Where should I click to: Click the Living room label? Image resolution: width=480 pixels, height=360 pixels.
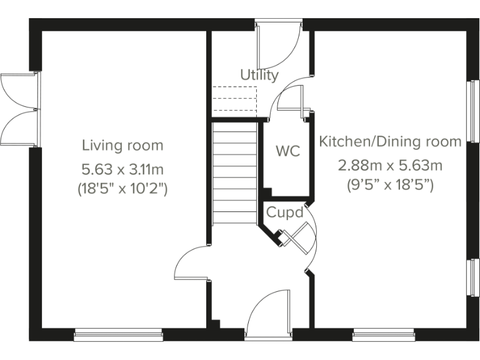tap(122, 146)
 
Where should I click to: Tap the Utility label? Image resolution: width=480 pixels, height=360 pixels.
tap(259, 76)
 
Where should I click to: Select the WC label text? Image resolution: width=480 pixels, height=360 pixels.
tap(287, 151)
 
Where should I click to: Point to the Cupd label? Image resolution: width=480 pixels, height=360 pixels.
tap(285, 212)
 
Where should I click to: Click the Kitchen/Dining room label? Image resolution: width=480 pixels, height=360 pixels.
tap(391, 142)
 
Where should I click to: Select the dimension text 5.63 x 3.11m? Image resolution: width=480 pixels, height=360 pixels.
tap(122, 169)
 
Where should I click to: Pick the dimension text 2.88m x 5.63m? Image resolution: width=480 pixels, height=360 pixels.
tap(391, 166)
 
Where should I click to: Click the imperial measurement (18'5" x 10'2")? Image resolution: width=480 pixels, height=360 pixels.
tap(122, 187)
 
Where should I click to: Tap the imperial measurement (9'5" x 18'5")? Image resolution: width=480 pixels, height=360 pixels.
tap(391, 185)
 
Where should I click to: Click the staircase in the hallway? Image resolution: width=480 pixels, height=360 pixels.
tap(234, 173)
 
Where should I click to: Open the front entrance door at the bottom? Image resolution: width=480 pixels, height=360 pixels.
tap(269, 316)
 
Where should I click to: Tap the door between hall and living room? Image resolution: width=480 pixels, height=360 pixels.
tap(192, 262)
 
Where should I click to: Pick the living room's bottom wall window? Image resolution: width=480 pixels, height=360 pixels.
tap(118, 336)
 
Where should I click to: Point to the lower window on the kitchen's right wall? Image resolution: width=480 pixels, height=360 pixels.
tap(474, 277)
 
